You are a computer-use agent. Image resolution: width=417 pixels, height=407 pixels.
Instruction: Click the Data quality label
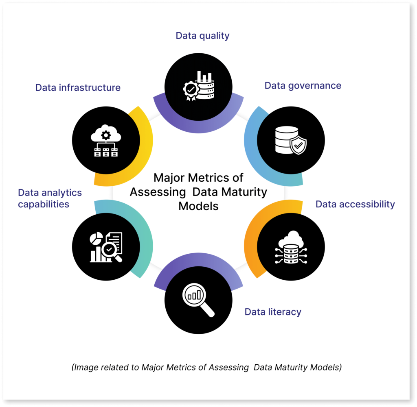tap(202, 36)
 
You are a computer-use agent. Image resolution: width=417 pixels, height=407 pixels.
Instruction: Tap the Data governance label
tap(303, 85)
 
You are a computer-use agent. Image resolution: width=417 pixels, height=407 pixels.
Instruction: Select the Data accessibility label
tap(355, 204)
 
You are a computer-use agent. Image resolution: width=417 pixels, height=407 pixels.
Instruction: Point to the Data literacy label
tap(273, 312)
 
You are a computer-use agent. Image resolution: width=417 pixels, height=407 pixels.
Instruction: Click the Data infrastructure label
tap(78, 87)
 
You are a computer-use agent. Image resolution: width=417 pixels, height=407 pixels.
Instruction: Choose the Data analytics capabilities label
tap(50, 198)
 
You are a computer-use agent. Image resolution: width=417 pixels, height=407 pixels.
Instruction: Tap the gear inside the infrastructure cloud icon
tap(106, 135)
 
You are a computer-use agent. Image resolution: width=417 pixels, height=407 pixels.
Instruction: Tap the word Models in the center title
tap(198, 206)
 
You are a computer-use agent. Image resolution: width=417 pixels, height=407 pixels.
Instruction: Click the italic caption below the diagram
tap(206, 368)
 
